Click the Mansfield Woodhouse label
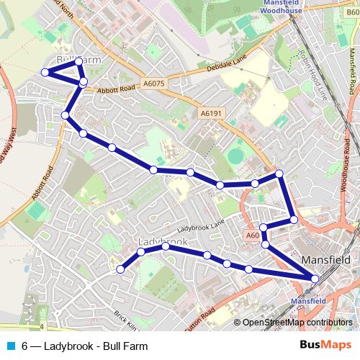coord(282,7)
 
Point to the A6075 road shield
coord(153,83)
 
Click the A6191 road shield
coord(211,113)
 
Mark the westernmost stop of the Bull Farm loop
coord(45,72)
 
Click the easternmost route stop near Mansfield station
coord(315,279)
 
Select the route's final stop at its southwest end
coord(120,269)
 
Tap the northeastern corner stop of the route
coord(279,174)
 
